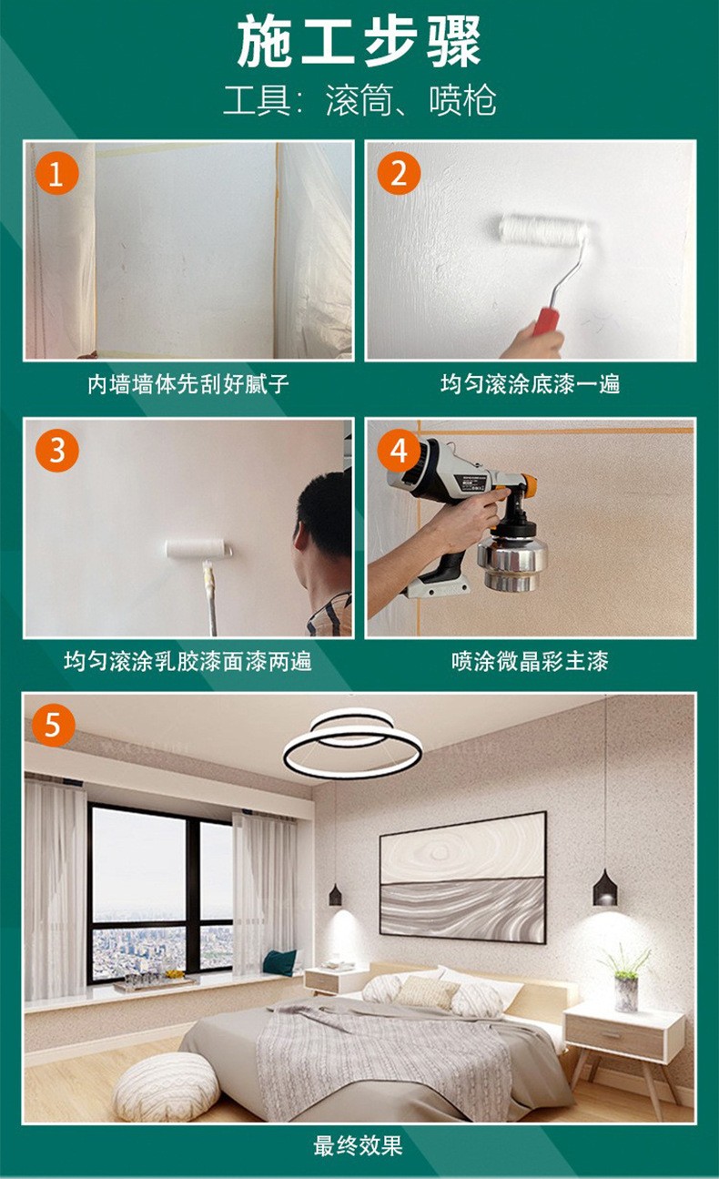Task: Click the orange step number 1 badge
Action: tap(56, 174)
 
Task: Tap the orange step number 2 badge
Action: tap(399, 174)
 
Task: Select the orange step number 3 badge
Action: tap(56, 451)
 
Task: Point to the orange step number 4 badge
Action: tap(399, 451)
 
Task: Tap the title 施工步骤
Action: tap(359, 42)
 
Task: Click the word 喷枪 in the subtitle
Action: tap(462, 100)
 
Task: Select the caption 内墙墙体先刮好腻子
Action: tap(187, 384)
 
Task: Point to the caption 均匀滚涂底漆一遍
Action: tap(531, 384)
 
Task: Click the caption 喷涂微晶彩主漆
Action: tap(530, 662)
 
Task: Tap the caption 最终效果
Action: tap(358, 1146)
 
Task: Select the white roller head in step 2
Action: tap(542, 231)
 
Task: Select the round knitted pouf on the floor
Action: tap(167, 1087)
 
